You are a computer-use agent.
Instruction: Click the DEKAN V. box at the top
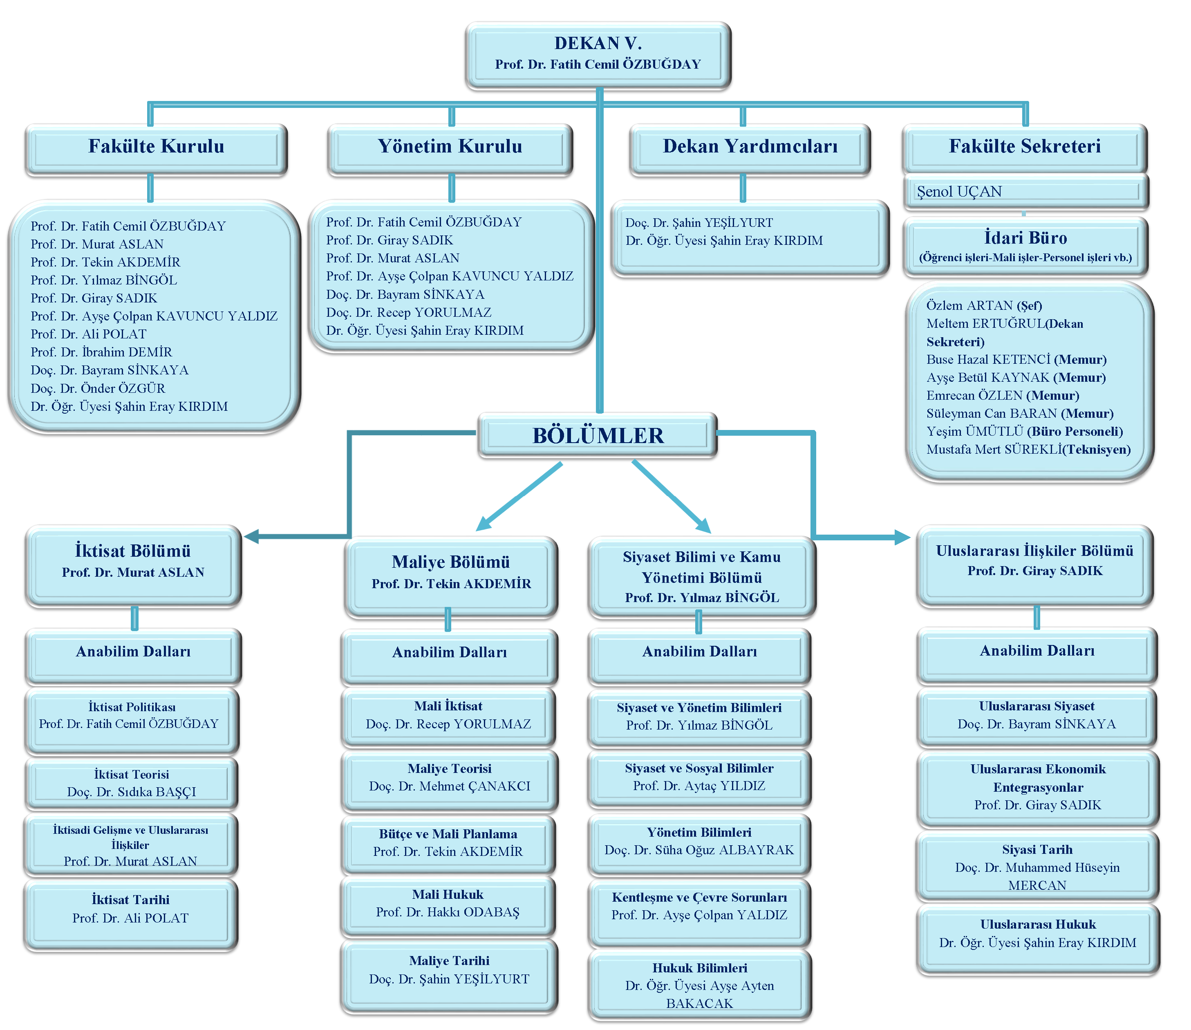598,55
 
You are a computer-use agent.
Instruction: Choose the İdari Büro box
1025,246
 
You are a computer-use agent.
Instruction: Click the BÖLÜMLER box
598,436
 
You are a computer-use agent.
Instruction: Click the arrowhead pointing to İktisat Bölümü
252,536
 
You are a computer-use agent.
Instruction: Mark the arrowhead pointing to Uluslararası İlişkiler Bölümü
902,537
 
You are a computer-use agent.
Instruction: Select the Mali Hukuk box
448,904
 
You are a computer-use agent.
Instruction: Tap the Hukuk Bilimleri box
700,985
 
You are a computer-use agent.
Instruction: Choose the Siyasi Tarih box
1037,867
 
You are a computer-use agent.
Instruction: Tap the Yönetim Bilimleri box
699,842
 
